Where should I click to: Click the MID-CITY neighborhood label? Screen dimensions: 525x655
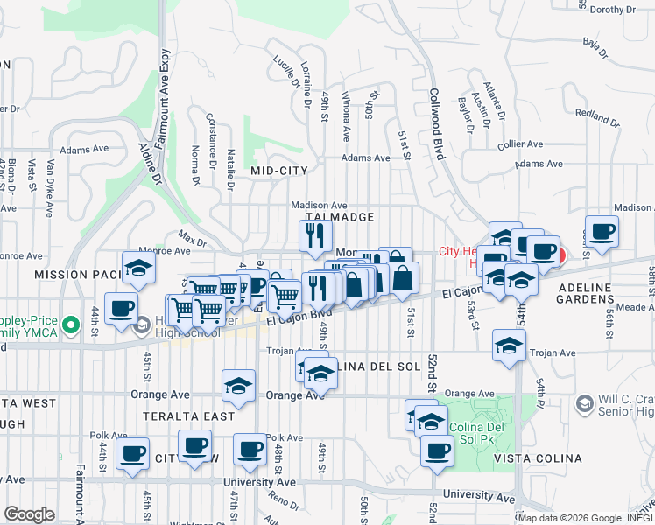(279, 171)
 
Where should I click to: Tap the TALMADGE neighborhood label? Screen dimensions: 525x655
(340, 216)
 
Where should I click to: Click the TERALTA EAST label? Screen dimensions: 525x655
(191, 416)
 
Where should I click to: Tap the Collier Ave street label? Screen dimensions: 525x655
(520, 144)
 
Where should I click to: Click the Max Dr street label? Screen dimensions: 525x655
(191, 237)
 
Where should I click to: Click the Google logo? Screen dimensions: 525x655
(29, 514)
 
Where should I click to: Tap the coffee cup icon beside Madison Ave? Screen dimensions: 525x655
(601, 233)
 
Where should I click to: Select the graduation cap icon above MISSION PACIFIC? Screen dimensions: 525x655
(138, 269)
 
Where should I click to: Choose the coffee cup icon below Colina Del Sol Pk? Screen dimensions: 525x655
(436, 451)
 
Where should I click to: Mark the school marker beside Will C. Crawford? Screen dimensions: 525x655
(584, 404)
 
